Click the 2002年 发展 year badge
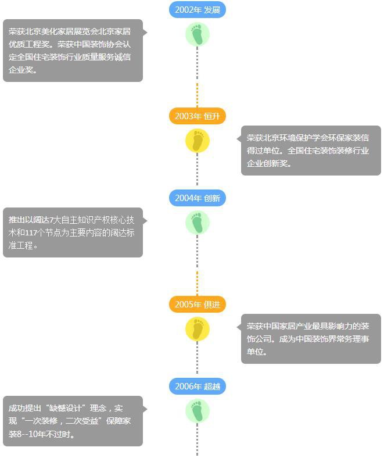click(198, 10)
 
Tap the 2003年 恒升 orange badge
click(198, 116)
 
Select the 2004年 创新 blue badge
click(198, 198)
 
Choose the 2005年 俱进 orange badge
click(198, 305)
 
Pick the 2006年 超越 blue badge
click(198, 387)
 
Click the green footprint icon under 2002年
click(198, 34)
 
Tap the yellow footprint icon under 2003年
click(198, 141)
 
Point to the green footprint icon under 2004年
click(198, 223)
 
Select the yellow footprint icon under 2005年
click(198, 329)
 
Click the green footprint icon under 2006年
click(198, 411)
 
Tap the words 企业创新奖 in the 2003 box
click(267, 163)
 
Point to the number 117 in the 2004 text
click(31, 233)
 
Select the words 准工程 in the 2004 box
click(20, 245)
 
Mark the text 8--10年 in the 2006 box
click(31, 434)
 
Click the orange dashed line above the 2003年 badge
click(197, 95)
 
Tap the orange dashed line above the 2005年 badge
click(197, 284)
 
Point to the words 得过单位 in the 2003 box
click(263, 151)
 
